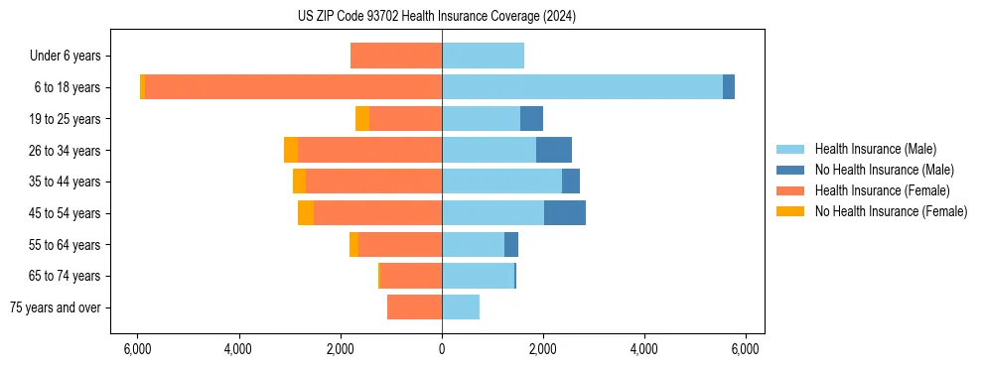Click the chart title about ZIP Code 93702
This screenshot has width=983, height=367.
[x=436, y=16]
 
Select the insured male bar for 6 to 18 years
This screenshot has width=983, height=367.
[x=582, y=87]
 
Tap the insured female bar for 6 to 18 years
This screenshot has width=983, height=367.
[x=293, y=87]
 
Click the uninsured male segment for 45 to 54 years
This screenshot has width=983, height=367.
[x=565, y=213]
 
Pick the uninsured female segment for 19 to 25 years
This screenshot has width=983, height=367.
[x=362, y=119]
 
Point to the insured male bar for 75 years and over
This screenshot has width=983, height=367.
[x=461, y=307]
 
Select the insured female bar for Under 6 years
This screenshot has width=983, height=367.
[x=396, y=57]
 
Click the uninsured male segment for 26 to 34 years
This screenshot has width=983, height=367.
[x=554, y=150]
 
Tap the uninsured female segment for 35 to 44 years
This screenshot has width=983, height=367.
[x=300, y=182]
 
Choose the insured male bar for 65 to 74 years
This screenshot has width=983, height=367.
[x=478, y=276]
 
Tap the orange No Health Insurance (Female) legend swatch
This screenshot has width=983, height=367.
[x=791, y=211]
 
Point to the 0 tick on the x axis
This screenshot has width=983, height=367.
[x=442, y=349]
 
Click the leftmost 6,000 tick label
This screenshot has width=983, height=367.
[x=137, y=349]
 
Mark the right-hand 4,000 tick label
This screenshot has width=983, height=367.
[x=644, y=349]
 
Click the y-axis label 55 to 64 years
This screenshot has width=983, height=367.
[x=65, y=245]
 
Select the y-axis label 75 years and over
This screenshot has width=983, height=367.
[x=56, y=307]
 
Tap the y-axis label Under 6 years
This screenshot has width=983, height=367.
[x=66, y=57]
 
